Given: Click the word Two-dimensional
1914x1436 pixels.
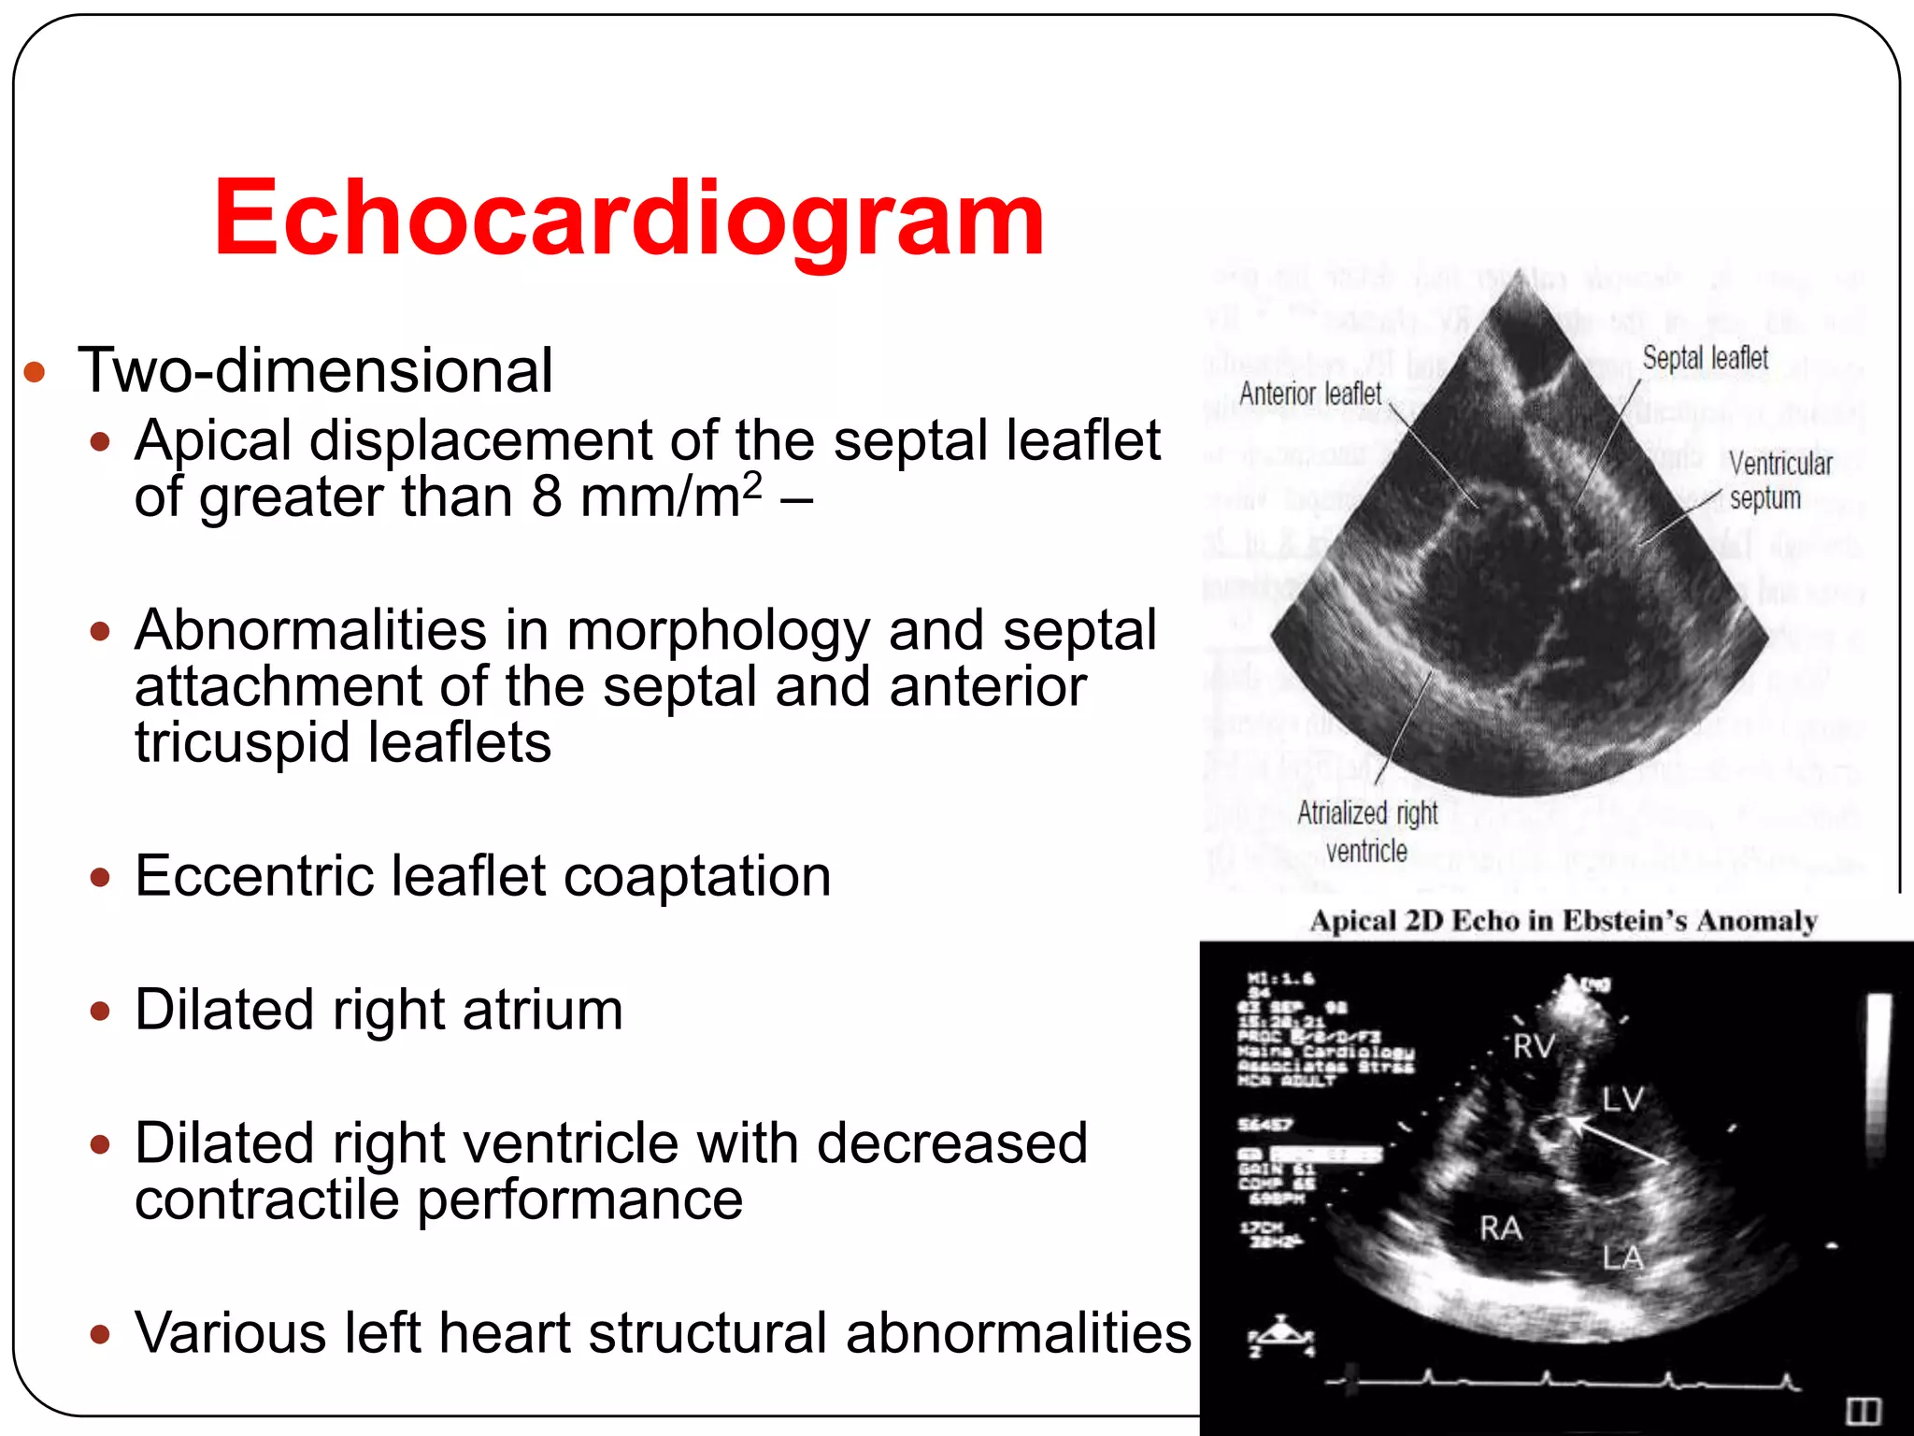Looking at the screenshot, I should tap(316, 370).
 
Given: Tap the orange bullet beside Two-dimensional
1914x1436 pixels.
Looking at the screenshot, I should tap(35, 373).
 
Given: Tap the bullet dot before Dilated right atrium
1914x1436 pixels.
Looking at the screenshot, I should tap(101, 1011).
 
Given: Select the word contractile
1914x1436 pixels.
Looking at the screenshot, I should tap(266, 1199).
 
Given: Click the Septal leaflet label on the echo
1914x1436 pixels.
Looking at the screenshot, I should tap(1705, 357).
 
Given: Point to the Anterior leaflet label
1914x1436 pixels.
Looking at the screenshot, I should tap(1309, 394).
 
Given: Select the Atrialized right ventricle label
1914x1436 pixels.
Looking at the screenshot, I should tap(1366, 831).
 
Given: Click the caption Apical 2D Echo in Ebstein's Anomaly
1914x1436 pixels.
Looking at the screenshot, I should tap(1564, 921).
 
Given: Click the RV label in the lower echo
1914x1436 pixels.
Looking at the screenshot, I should tap(1534, 1046).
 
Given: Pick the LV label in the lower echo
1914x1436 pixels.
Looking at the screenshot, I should tap(1622, 1099).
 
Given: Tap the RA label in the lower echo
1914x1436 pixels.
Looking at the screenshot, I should tap(1501, 1228).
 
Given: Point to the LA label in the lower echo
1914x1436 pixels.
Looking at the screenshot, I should tap(1622, 1257).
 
